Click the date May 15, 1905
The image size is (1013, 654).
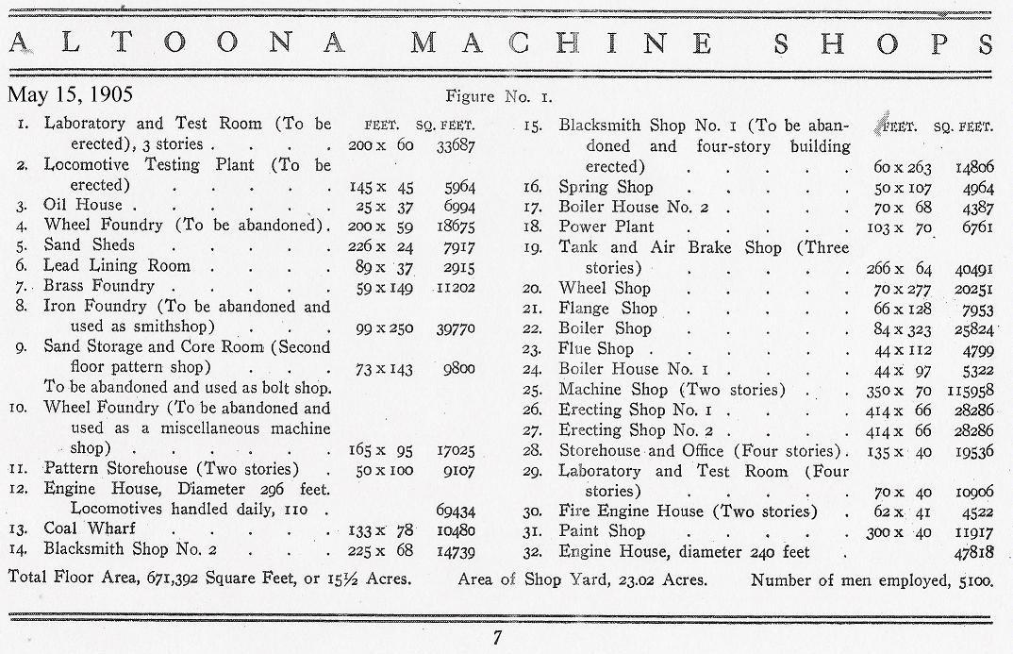(x=71, y=94)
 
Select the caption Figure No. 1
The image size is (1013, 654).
(x=499, y=96)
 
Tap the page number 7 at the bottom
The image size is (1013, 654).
(x=497, y=638)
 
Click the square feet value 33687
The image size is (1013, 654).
(x=455, y=145)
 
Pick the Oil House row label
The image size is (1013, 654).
(x=83, y=205)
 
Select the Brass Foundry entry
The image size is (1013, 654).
(x=98, y=286)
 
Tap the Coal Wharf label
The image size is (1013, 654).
(x=90, y=528)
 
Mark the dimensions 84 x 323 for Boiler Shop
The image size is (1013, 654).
(x=903, y=329)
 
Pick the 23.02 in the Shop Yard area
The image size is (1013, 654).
(x=604, y=579)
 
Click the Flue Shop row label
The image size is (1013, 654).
(x=596, y=349)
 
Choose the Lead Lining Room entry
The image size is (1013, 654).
(x=117, y=266)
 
